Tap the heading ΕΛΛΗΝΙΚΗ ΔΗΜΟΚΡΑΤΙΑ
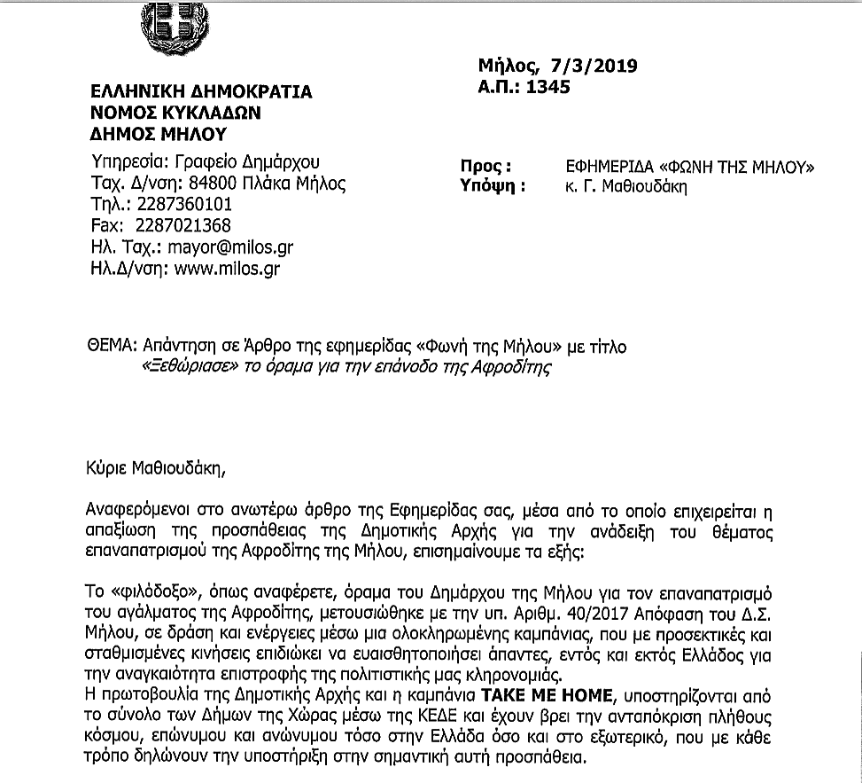tap(202, 92)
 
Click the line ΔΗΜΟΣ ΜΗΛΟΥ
tap(159, 134)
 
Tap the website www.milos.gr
tap(228, 268)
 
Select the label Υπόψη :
tap(493, 186)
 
